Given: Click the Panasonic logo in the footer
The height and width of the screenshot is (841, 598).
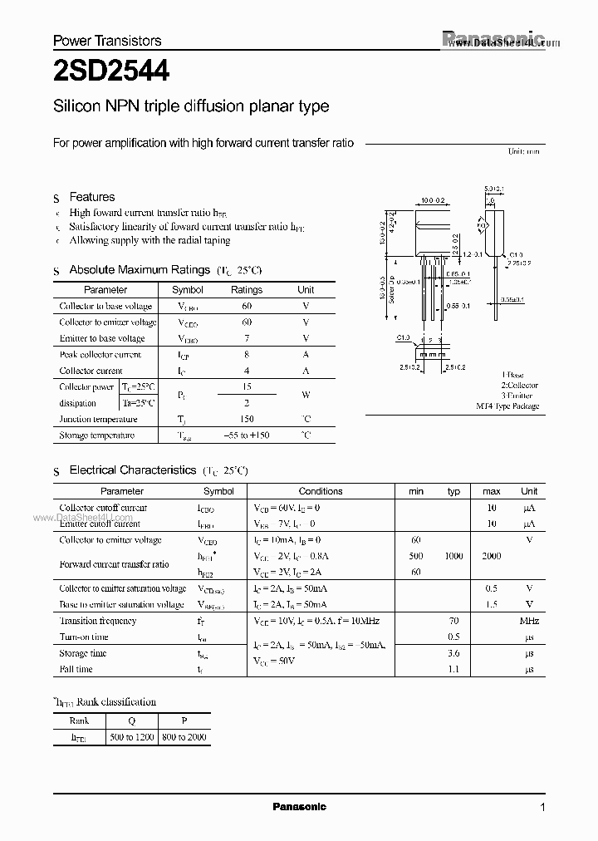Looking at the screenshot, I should [x=300, y=807].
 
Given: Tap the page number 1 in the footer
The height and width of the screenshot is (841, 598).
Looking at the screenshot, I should [x=542, y=808].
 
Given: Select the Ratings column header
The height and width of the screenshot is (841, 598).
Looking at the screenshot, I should [x=247, y=290].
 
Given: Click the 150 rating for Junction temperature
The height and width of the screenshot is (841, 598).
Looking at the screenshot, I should [x=247, y=420].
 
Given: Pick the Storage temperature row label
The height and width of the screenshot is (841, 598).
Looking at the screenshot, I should [x=96, y=435].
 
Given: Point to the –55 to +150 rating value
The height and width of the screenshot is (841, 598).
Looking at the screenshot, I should [x=247, y=435].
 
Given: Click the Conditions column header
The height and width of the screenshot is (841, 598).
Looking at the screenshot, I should [x=321, y=491].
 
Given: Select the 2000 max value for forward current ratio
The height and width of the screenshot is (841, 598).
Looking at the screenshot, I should [x=491, y=556].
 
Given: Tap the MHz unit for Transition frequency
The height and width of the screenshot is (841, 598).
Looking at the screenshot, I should [x=529, y=621].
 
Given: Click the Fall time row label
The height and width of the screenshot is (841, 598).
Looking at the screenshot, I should [x=76, y=669].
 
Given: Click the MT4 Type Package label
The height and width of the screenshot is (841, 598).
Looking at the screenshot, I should [x=507, y=406].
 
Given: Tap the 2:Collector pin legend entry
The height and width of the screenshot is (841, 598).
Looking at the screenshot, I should [x=519, y=386].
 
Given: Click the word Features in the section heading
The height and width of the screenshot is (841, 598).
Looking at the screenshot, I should [x=92, y=197].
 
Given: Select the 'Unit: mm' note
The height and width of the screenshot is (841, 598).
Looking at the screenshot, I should [x=524, y=152].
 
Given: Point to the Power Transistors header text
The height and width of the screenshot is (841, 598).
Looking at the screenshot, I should [x=107, y=40].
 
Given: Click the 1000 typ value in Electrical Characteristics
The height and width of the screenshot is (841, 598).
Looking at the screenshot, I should [x=453, y=556].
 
